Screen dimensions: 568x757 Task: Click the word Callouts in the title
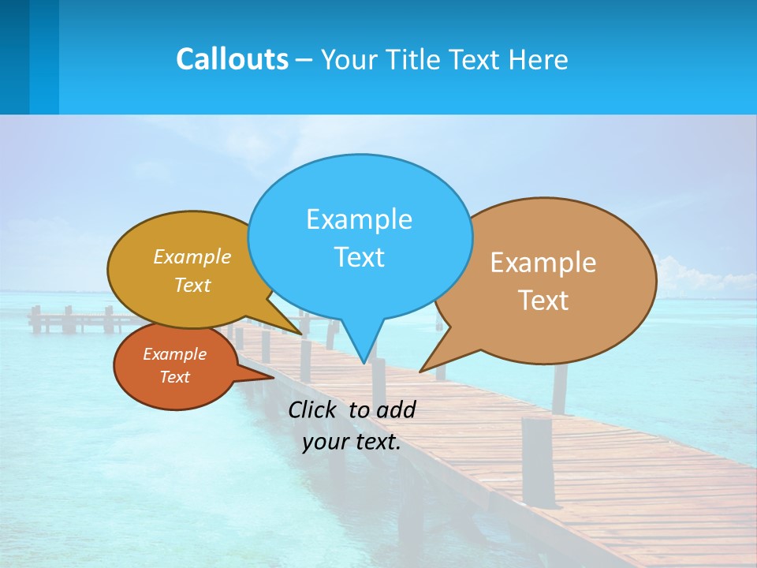tap(232, 59)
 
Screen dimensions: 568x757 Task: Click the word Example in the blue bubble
tap(359, 219)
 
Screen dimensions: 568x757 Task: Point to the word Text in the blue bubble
tap(359, 257)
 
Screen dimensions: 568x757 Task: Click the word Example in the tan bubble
tap(543, 263)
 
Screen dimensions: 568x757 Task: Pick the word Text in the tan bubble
tap(543, 301)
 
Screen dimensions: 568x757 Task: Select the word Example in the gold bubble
tap(192, 256)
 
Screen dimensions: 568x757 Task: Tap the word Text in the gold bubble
tap(192, 285)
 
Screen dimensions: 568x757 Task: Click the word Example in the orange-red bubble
tap(174, 354)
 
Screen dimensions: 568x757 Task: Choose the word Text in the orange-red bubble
tap(174, 377)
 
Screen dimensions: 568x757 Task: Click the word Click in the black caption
tap(311, 409)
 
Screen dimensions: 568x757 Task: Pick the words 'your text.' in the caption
tap(352, 442)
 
